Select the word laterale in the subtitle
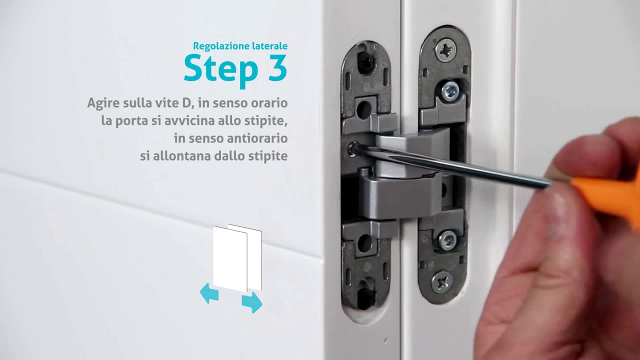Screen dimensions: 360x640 click(x=269, y=46)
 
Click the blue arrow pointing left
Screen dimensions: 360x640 click(x=209, y=293)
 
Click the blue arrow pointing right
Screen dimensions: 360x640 click(x=252, y=302)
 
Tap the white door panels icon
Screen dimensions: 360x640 click(x=237, y=257)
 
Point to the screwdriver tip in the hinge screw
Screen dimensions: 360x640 click(x=353, y=148)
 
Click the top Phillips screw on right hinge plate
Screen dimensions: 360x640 click(x=445, y=50)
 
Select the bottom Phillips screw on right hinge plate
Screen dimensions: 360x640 click(x=442, y=282)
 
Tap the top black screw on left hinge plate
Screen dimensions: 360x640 click(x=365, y=62)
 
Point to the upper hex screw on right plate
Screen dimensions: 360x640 click(x=450, y=90)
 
